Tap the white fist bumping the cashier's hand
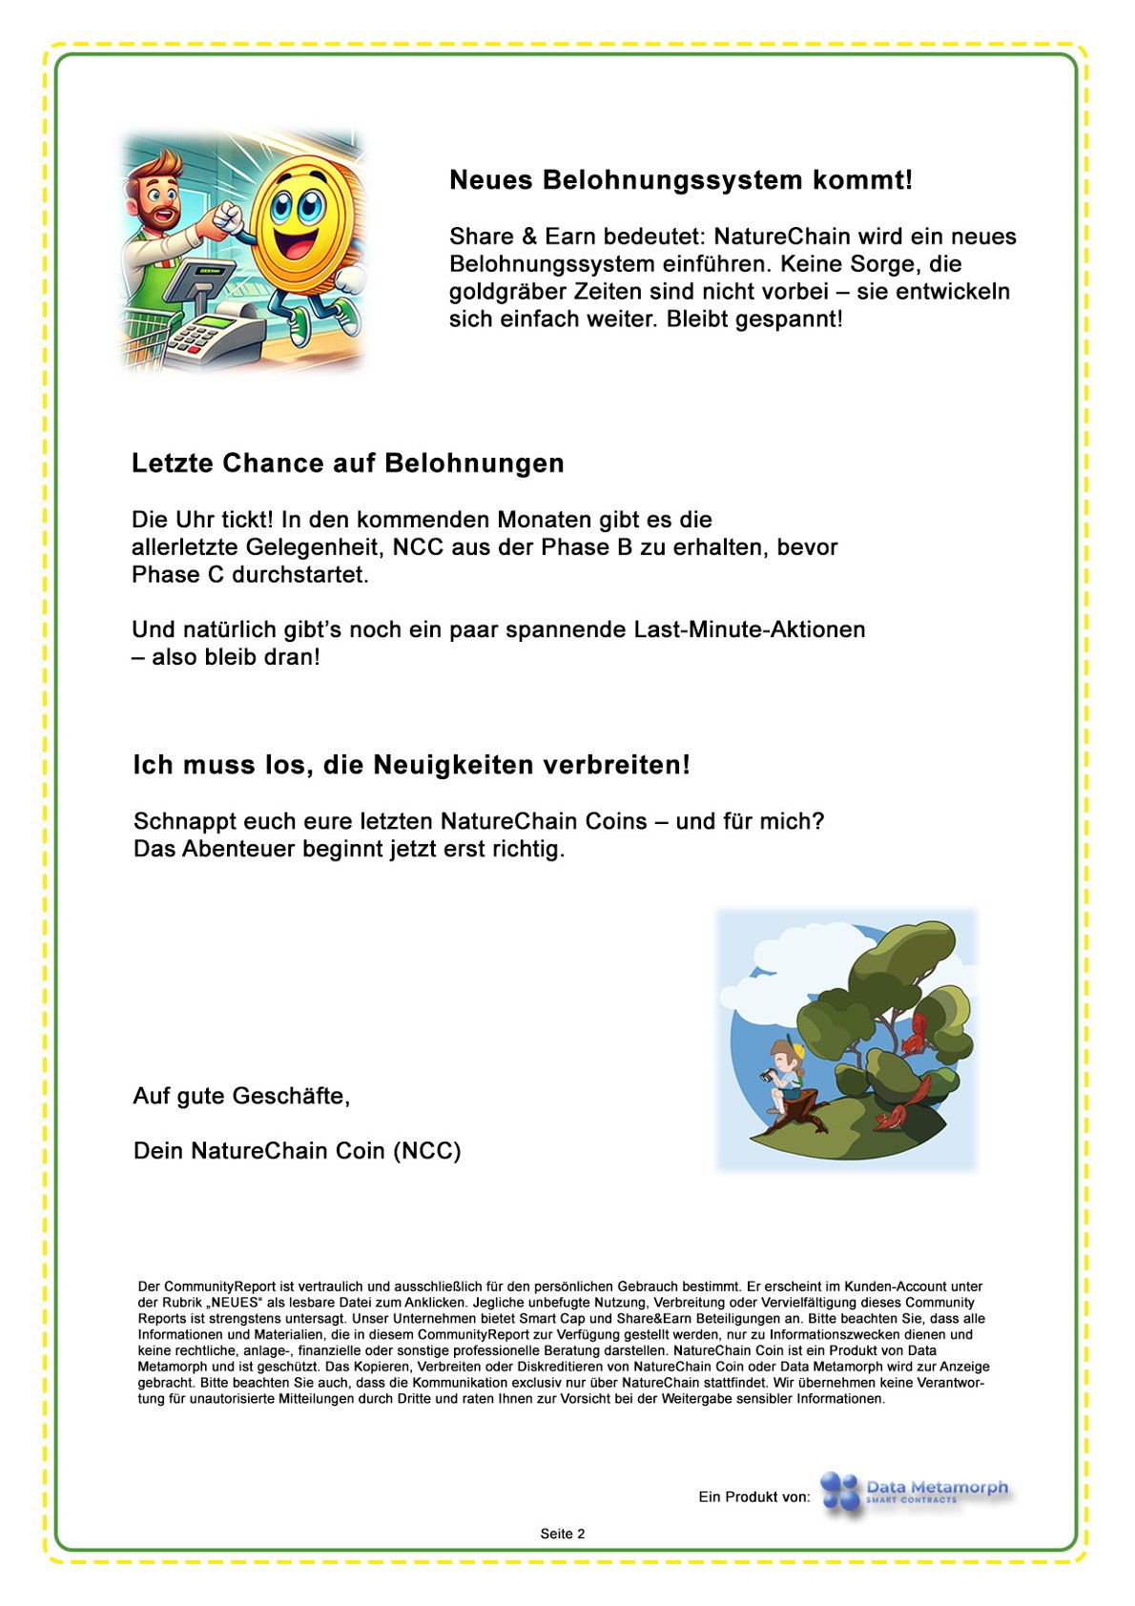pos(229,218)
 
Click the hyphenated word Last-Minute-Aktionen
pos(750,629)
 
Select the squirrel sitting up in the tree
pos(916,1033)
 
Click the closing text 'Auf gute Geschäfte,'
pos(241,1096)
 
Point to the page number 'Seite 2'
pos(562,1534)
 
